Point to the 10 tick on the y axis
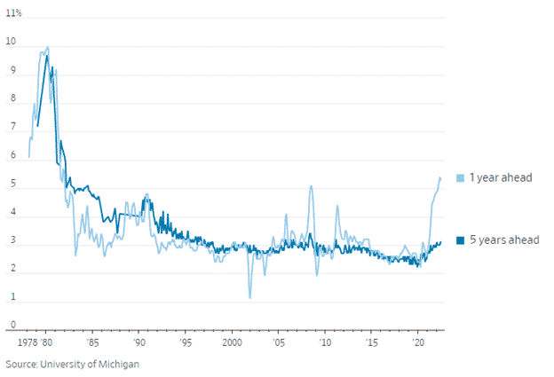coord(11,41)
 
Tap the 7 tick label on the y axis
coord(11,127)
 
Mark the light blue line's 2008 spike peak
coord(311,186)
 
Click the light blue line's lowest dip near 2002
coord(249,297)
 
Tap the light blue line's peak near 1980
coord(47,48)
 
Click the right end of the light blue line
coord(439,178)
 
